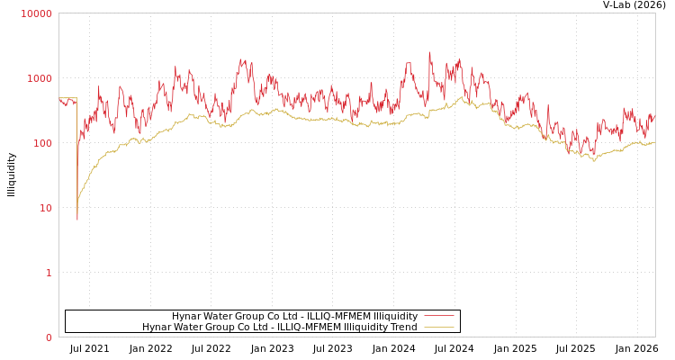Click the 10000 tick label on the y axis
pos(37,13)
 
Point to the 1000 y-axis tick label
pos(40,78)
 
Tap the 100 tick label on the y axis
pos(42,143)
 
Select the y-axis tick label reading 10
pos(45,208)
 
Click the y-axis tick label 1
pos(49,273)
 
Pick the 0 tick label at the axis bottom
pos(49,337)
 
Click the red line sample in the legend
pos(438,316)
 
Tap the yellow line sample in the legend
pos(438,327)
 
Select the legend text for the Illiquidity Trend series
pos(279,327)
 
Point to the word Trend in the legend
pos(402,327)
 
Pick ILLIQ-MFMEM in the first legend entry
pos(338,316)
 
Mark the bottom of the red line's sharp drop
pos(77,219)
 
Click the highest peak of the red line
pos(429,52)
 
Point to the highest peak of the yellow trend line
pos(463,96)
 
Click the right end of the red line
pos(654,115)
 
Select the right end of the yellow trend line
pos(654,142)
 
